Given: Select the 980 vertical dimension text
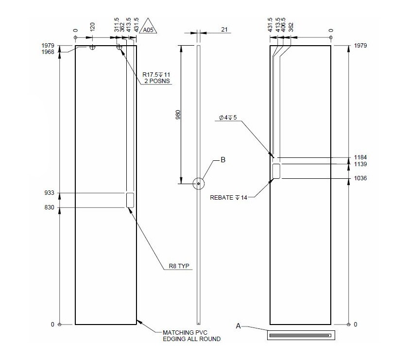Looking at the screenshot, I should coord(178,115).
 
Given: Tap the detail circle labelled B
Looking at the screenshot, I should coord(198,184).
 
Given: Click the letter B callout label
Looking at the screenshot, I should coord(223,159).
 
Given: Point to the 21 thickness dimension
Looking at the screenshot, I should coord(224,30).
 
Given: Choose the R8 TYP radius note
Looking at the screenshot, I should coord(179,266).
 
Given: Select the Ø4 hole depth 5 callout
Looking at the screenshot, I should coord(228,118).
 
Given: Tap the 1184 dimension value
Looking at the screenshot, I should coord(360,157).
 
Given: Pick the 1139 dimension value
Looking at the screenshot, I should coord(360,164).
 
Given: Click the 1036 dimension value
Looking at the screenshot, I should coord(360,178).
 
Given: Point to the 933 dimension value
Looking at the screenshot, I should coord(50,193).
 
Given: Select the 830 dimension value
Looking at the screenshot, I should coord(50,208).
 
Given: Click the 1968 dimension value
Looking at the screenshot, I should coord(48,52).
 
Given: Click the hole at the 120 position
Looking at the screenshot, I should coord(92,48).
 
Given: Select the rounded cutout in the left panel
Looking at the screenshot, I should coord(130,200).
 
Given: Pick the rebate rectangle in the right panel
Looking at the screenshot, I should coord(276,171).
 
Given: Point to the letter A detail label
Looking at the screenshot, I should coord(238,326).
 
